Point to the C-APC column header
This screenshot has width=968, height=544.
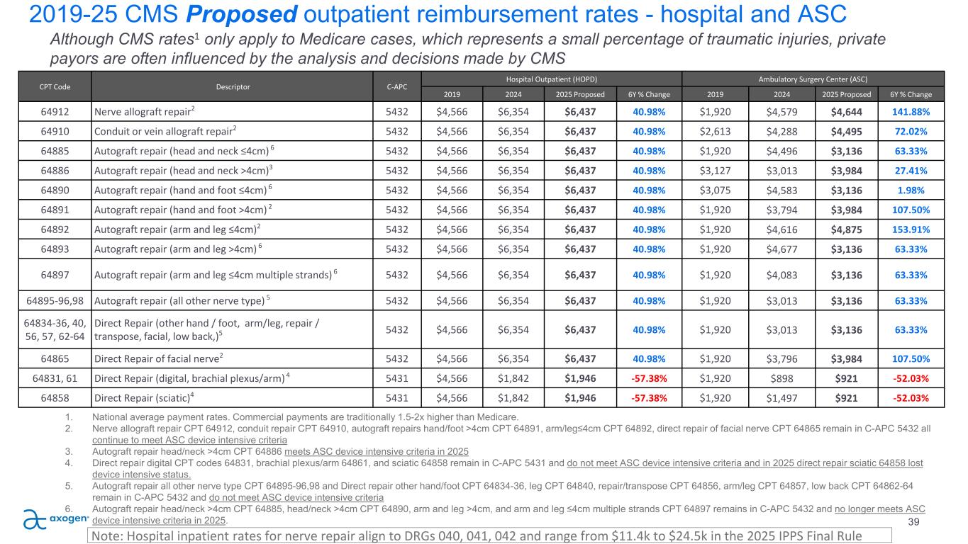pyautogui.click(x=396, y=87)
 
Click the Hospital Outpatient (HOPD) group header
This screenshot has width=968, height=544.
pyautogui.click(x=551, y=79)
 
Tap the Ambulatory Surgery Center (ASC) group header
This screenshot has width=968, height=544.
pyautogui.click(x=813, y=79)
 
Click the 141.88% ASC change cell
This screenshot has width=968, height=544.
pyautogui.click(x=912, y=112)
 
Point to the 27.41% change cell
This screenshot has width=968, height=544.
pyautogui.click(x=912, y=170)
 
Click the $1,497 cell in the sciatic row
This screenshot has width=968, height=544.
pyautogui.click(x=780, y=397)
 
